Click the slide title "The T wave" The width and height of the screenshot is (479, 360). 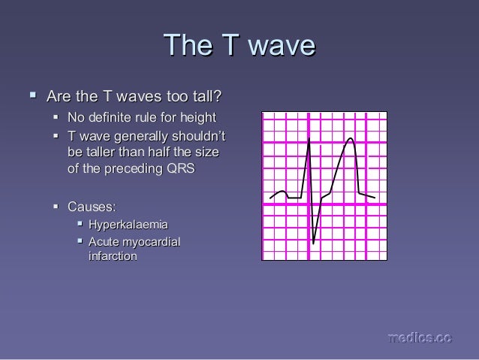pos(239,45)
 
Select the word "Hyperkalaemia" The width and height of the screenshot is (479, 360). pos(128,225)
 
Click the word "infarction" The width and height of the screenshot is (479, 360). pos(112,256)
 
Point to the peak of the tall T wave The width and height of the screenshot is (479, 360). pos(350,138)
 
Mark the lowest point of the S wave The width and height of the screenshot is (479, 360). pos(314,244)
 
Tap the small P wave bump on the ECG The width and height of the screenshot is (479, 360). pos(281,192)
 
